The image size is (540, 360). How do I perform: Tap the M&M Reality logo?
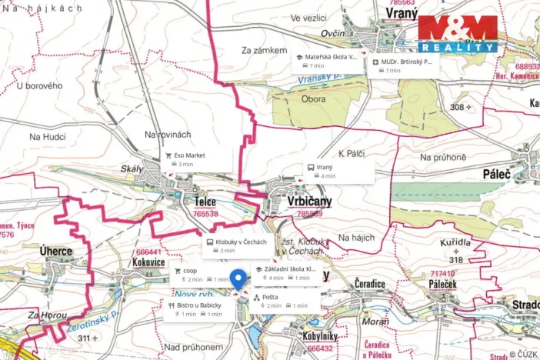coord(457,34)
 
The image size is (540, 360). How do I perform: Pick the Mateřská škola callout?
coord(327,62)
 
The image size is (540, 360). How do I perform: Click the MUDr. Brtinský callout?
coord(403,62)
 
